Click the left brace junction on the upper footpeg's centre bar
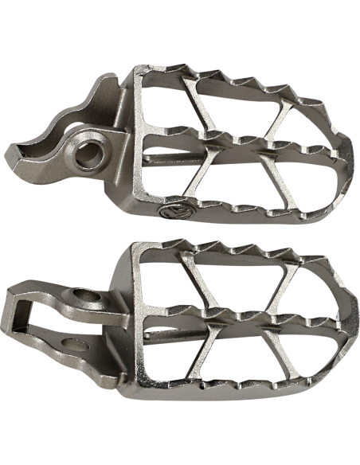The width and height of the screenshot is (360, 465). pos(205,139)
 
